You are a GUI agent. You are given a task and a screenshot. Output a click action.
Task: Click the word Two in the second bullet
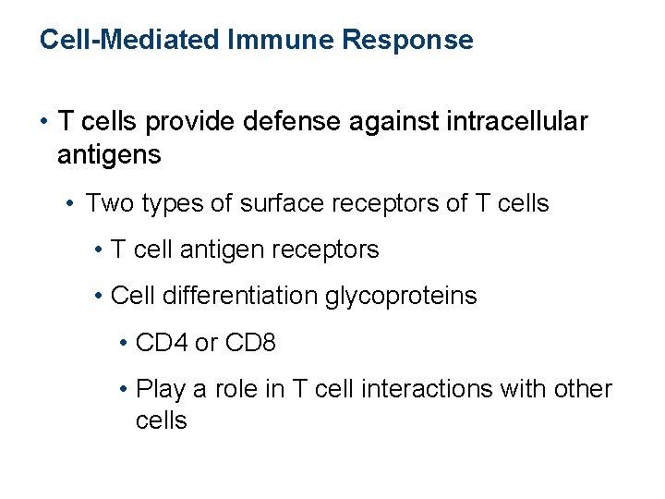pos(108,203)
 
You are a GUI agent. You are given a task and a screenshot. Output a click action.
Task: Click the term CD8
pos(249,343)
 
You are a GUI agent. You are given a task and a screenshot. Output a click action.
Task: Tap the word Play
pos(160,389)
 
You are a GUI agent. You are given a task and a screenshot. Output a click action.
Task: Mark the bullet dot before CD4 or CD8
pos(124,344)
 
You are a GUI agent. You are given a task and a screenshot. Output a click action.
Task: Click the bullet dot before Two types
pos(72,204)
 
